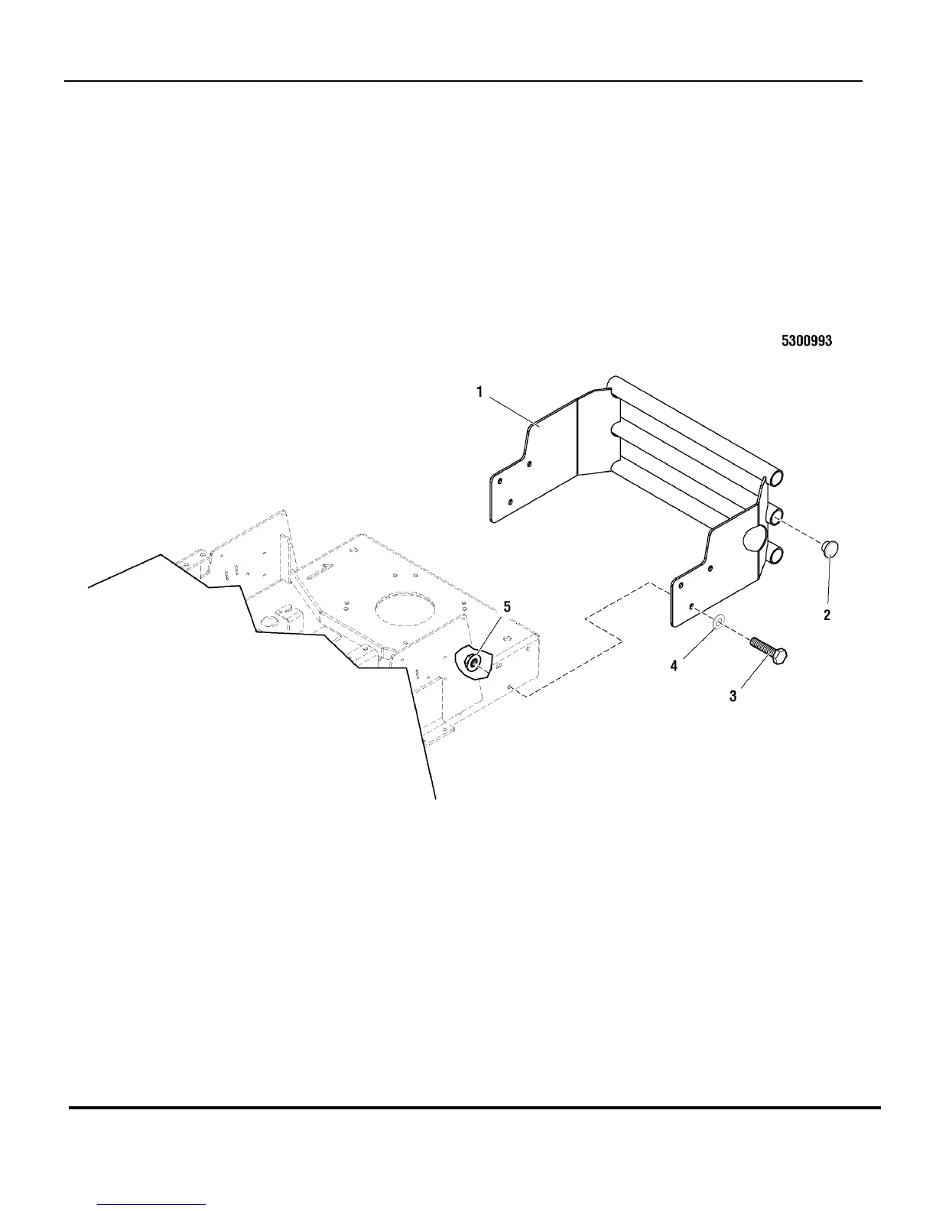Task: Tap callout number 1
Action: click(x=479, y=392)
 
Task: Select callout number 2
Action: click(x=827, y=614)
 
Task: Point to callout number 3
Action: click(x=733, y=696)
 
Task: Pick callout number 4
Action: click(x=674, y=666)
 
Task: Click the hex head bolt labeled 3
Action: click(x=769, y=651)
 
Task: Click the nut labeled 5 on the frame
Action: click(x=473, y=662)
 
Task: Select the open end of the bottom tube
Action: click(x=775, y=552)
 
